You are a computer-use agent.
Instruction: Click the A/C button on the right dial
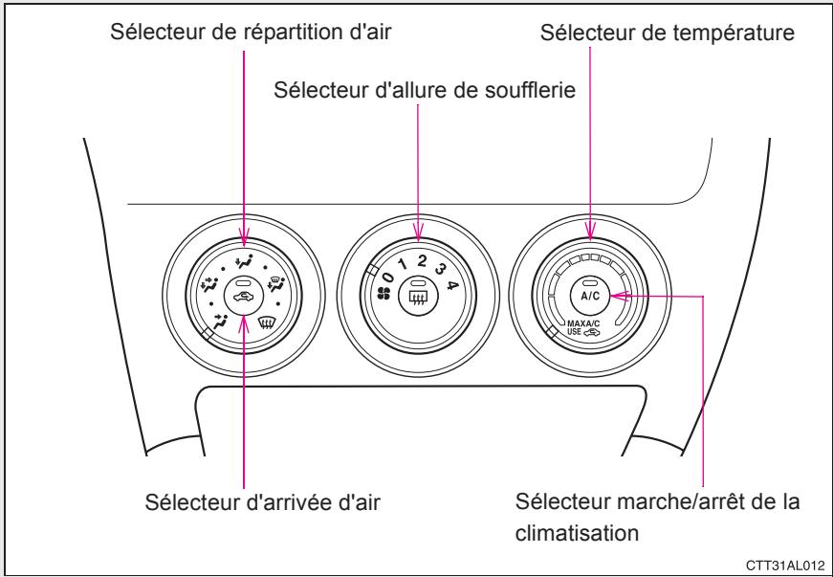(589, 296)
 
